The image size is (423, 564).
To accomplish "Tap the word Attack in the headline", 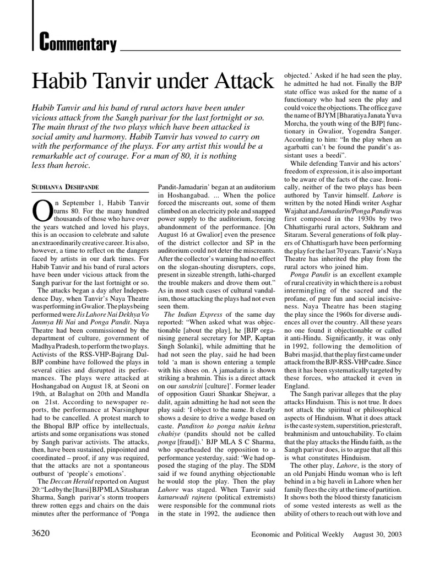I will pyautogui.click(x=237, y=81).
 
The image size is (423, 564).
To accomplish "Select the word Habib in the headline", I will pyautogui.click(x=61, y=81).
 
